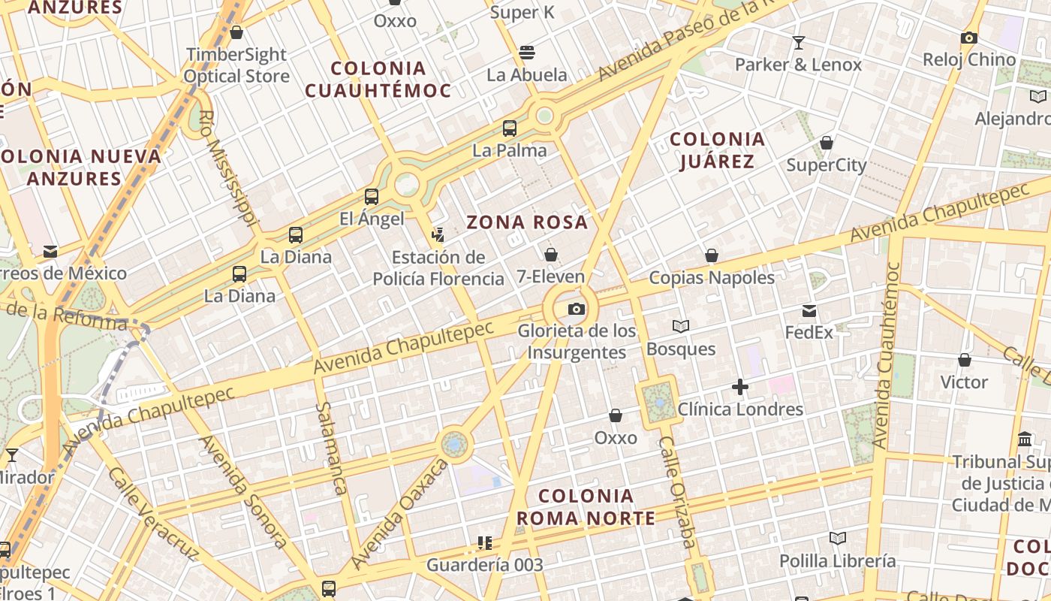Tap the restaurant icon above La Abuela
(527, 53)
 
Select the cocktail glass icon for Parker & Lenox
(798, 42)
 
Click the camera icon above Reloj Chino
(968, 38)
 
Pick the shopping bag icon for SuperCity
(827, 143)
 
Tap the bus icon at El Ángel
(371, 197)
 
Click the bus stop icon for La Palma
(510, 128)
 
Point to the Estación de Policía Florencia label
(438, 268)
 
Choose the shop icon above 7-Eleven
(551, 255)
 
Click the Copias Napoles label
(711, 277)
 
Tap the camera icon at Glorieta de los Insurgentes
(576, 309)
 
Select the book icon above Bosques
(681, 327)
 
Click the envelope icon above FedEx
(809, 311)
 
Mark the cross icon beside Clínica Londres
(740, 388)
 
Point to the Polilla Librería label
(837, 560)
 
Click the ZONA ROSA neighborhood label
(527, 222)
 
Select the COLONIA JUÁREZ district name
(717, 150)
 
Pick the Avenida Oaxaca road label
(399, 515)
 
